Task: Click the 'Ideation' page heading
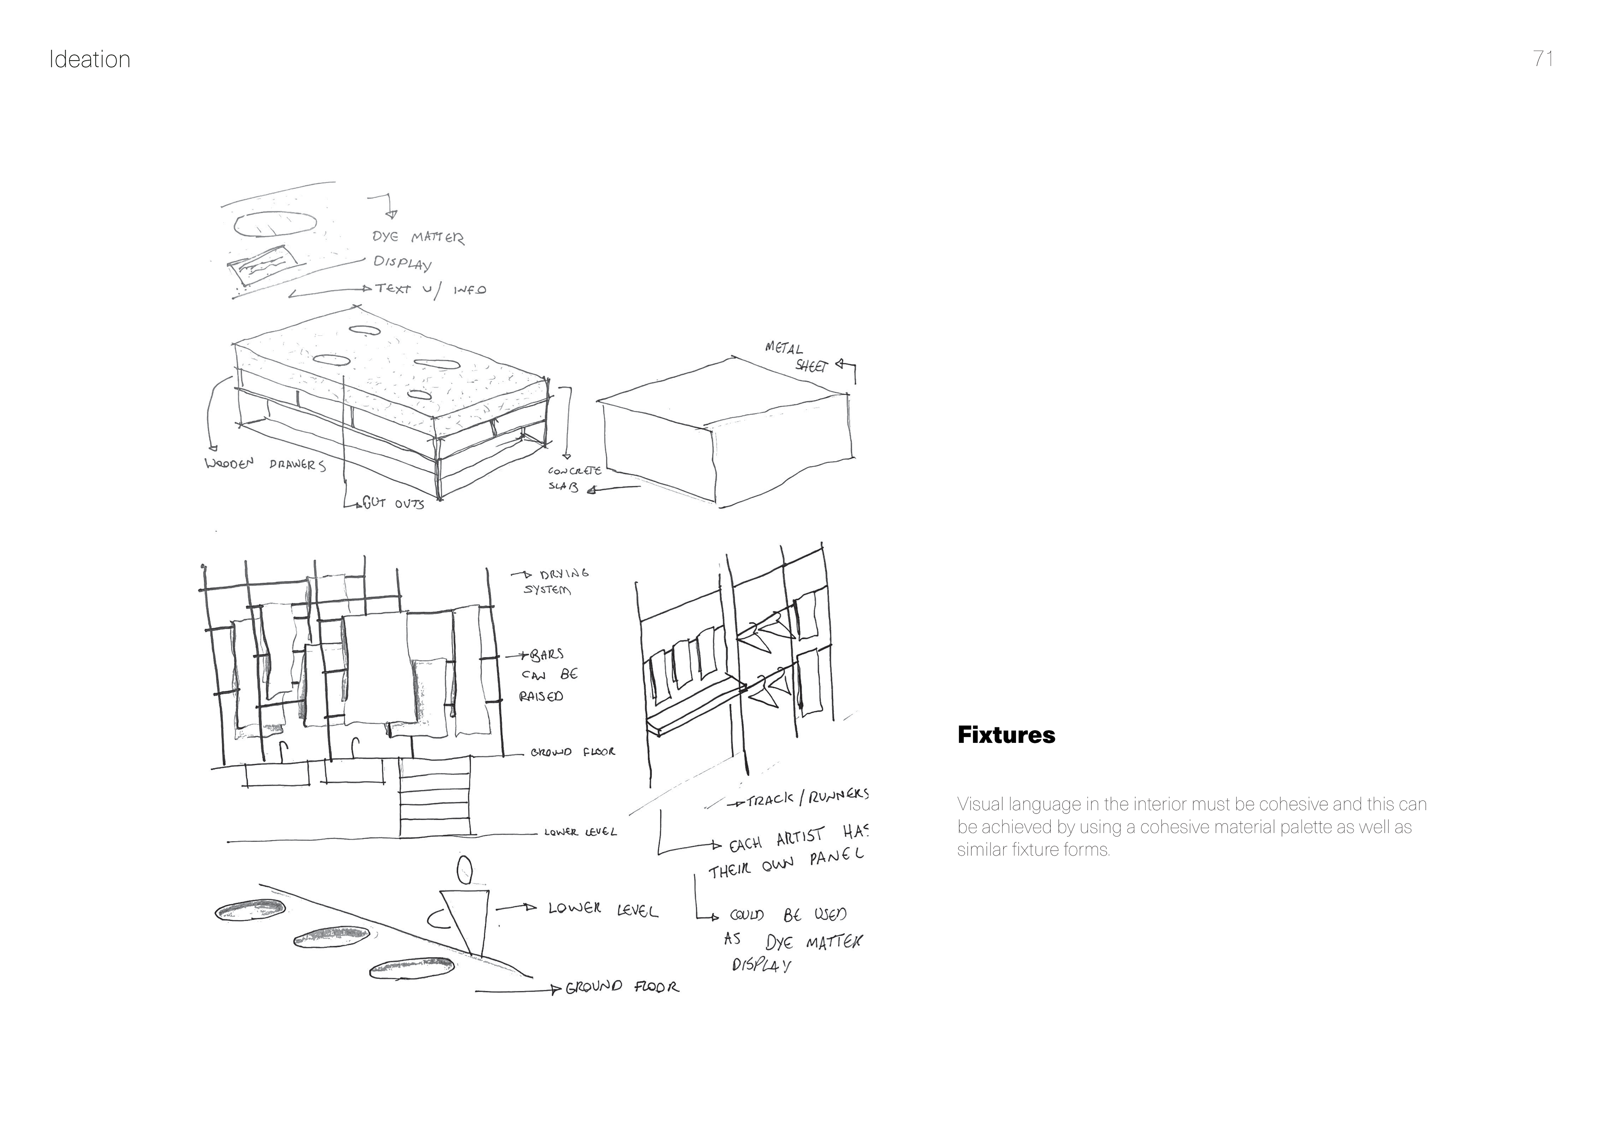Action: pyautogui.click(x=89, y=59)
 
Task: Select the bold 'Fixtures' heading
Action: pyautogui.click(x=1006, y=735)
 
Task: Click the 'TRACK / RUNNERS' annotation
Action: pyautogui.click(x=808, y=797)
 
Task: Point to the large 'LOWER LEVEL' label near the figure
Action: pyautogui.click(x=603, y=909)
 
